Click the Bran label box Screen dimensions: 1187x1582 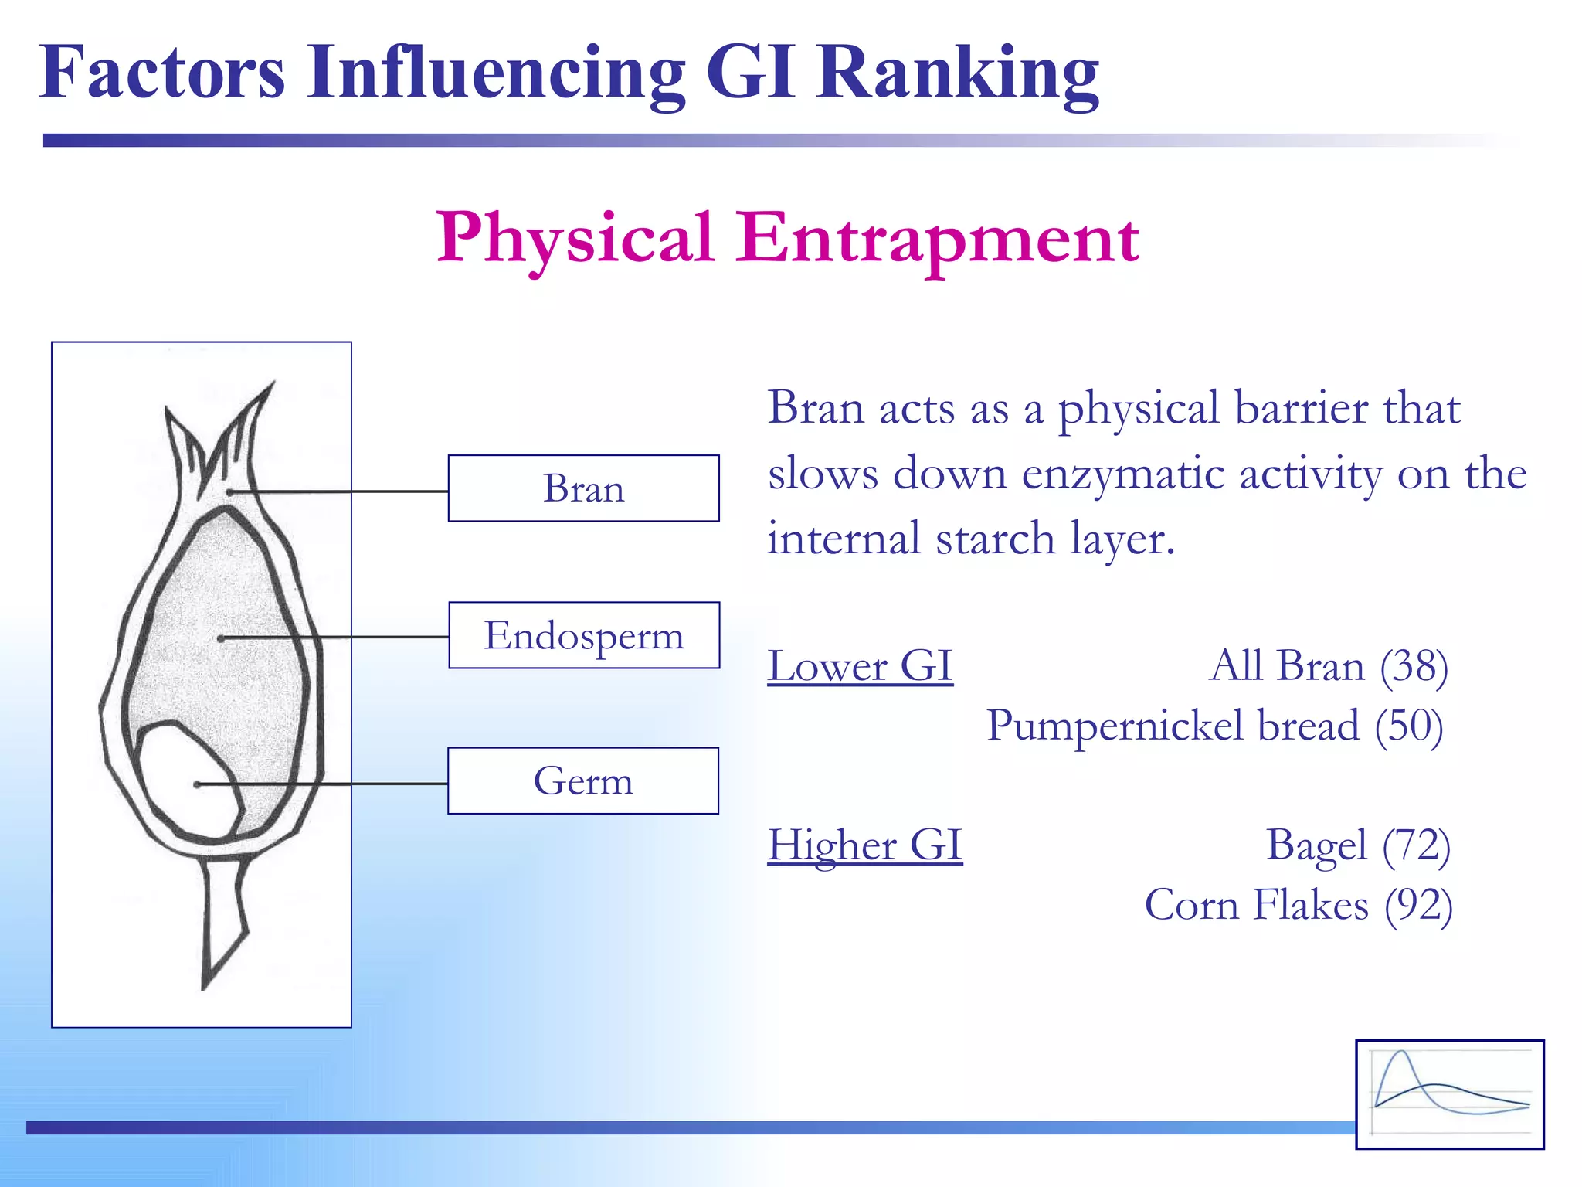[x=583, y=488]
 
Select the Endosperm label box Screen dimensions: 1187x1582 [x=584, y=635]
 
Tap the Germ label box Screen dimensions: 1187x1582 [x=583, y=781]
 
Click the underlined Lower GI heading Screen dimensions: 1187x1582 [x=860, y=666]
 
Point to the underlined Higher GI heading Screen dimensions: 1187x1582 [x=864, y=845]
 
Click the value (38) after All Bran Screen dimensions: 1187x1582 [x=1414, y=666]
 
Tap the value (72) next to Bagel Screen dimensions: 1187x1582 [x=1416, y=845]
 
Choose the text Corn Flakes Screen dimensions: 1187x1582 [x=1256, y=905]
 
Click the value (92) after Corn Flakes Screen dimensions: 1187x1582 [x=1418, y=905]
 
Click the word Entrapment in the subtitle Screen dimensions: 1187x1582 [x=936, y=238]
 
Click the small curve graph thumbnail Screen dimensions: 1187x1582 [x=1449, y=1093]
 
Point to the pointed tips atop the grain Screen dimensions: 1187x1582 [x=224, y=433]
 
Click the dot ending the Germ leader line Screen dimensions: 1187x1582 [x=197, y=784]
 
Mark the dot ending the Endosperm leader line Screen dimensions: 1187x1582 [x=221, y=638]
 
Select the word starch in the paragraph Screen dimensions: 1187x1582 [x=995, y=539]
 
